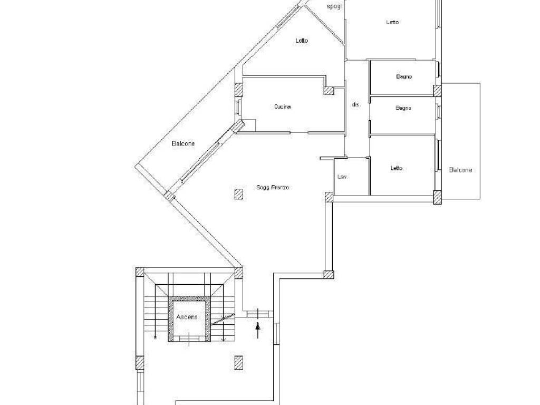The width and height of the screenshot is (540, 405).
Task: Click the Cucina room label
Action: pyautogui.click(x=283, y=107)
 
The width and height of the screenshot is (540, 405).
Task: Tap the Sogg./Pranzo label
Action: pyautogui.click(x=273, y=187)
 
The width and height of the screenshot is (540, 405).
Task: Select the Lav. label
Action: pyautogui.click(x=342, y=177)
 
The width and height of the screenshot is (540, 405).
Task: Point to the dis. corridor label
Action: pyautogui.click(x=356, y=104)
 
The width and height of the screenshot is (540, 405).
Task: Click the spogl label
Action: pyautogui.click(x=334, y=6)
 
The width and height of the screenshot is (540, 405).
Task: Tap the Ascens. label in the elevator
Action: pyautogui.click(x=187, y=317)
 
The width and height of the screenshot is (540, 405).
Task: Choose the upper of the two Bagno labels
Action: pyautogui.click(x=403, y=77)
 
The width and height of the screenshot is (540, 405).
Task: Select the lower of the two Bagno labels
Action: pyautogui.click(x=403, y=108)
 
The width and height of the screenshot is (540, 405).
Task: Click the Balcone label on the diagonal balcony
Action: pyautogui.click(x=183, y=143)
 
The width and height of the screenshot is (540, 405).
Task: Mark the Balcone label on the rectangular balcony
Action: pyautogui.click(x=460, y=170)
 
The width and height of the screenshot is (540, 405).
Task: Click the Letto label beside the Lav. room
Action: pyautogui.click(x=397, y=168)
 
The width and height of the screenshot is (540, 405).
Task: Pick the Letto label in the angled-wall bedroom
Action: pyautogui.click(x=302, y=41)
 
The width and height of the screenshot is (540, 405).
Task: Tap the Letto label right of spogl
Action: pyautogui.click(x=392, y=22)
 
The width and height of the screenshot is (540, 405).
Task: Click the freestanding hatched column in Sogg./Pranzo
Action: pyautogui.click(x=239, y=194)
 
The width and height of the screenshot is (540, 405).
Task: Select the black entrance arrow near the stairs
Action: pyautogui.click(x=257, y=330)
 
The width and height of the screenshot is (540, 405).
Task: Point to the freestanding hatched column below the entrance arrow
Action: pyautogui.click(x=239, y=363)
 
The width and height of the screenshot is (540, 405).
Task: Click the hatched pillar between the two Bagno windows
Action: pyautogui.click(x=437, y=91)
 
